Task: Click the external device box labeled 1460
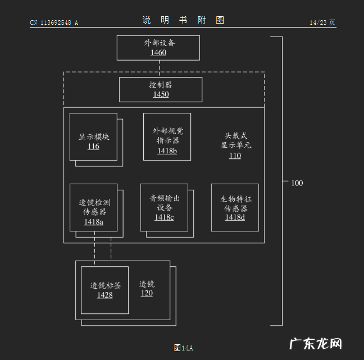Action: (158, 48)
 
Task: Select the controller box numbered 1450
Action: (161, 89)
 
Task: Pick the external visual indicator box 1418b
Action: (167, 136)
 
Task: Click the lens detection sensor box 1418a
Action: (93, 207)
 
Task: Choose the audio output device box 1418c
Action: (164, 207)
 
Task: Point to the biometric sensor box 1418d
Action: (235, 207)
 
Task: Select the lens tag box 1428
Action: (104, 290)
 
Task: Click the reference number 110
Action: (235, 156)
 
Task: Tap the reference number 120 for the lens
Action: (147, 293)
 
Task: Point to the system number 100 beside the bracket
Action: (297, 183)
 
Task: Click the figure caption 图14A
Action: (183, 348)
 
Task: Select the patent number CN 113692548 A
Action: (54, 23)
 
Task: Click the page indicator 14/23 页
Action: (322, 23)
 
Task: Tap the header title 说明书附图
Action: (183, 21)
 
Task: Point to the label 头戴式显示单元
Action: (235, 140)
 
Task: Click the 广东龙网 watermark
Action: (315, 343)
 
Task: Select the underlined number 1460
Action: (158, 53)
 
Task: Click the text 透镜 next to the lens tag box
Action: (147, 284)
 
